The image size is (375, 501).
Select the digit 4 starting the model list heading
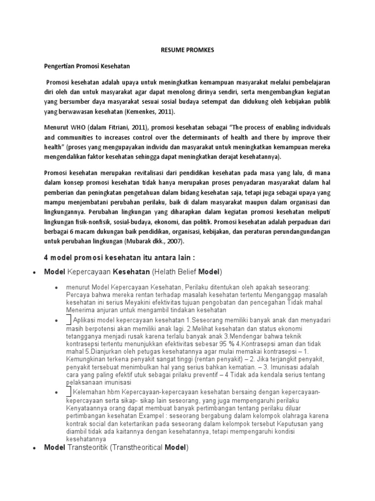point(46,258)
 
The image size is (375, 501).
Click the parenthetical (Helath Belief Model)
point(187,271)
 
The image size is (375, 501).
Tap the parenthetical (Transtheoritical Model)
point(154,447)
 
